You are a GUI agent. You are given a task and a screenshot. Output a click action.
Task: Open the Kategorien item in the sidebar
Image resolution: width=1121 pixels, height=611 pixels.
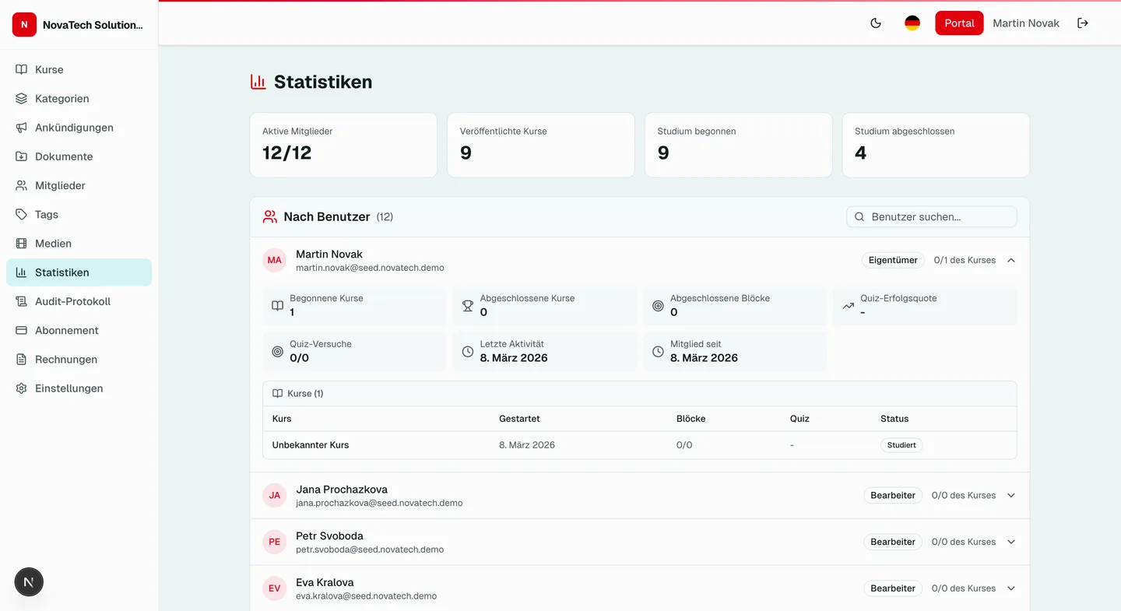(x=61, y=99)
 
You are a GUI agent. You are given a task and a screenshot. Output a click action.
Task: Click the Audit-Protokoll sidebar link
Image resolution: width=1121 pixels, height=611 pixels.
(x=72, y=301)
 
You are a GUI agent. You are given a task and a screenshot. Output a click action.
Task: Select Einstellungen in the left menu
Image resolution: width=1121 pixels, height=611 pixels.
(x=69, y=388)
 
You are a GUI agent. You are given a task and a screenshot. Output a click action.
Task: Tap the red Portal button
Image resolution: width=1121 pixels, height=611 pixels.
(x=959, y=23)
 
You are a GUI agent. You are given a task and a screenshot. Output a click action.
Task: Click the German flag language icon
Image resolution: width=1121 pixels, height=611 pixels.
(x=912, y=23)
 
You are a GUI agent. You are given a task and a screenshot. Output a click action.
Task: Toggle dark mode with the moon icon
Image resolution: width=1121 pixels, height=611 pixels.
(x=876, y=23)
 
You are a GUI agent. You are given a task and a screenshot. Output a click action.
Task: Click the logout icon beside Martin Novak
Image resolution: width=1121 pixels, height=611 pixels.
(x=1083, y=23)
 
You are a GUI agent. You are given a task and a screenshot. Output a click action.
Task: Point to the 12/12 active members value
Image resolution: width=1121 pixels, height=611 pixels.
(x=286, y=153)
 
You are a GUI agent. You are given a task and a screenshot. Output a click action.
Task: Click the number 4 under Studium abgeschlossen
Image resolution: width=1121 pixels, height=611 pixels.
(x=860, y=153)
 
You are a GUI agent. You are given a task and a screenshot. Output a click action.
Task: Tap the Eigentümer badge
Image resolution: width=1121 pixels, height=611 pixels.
(x=893, y=260)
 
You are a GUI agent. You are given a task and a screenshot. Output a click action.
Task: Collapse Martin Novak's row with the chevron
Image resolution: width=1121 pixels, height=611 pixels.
(x=1011, y=260)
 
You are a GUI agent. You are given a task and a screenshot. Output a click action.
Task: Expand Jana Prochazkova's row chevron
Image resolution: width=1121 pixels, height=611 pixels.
(x=1011, y=495)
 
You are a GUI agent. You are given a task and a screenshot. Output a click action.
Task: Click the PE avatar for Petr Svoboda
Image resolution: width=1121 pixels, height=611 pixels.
(x=275, y=542)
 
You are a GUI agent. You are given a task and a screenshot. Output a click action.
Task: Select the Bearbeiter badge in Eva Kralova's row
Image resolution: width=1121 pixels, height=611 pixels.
(x=893, y=588)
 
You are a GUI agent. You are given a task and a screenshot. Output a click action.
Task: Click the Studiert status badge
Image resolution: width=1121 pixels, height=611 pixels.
(x=901, y=445)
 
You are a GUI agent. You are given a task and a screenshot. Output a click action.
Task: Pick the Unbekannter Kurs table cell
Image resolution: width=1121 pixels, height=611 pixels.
(x=311, y=445)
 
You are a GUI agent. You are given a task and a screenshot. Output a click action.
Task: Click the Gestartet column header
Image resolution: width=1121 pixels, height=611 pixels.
(x=519, y=419)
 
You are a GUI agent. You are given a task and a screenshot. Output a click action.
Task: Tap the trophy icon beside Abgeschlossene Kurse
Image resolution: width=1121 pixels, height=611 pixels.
(x=468, y=306)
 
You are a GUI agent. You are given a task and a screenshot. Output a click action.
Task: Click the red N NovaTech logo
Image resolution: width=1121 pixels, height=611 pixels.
(x=24, y=25)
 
